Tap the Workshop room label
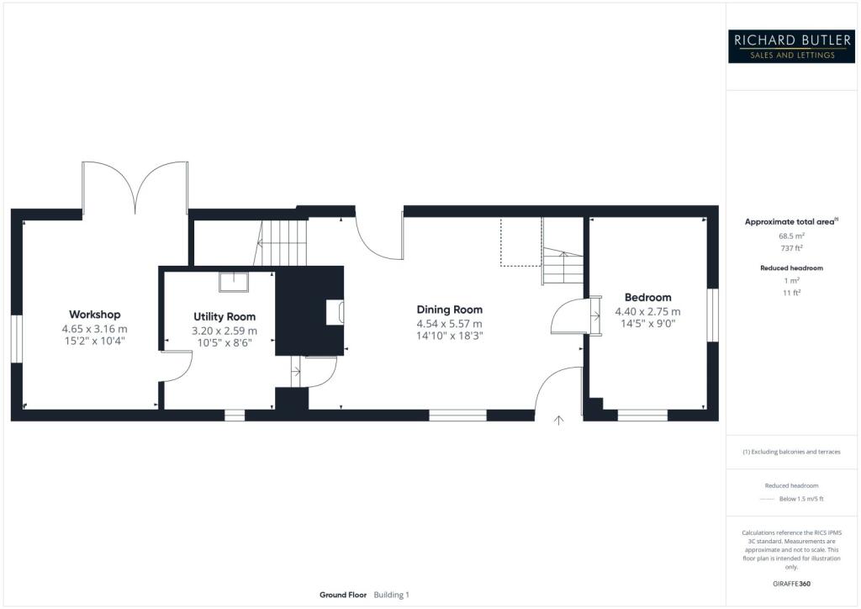[94, 315]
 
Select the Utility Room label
[224, 317]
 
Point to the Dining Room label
[449, 310]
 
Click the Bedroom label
[647, 298]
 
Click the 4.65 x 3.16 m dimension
[94, 329]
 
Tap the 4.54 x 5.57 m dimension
[449, 323]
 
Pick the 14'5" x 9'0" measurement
[647, 325]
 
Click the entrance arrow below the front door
[559, 420]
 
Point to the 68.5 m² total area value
[791, 236]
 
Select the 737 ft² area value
[791, 248]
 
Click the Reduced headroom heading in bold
[791, 267]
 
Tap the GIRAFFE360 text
[791, 584]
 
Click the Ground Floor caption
[343, 595]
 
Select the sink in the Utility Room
[233, 282]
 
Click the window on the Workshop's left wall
[16, 339]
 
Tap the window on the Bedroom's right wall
[712, 315]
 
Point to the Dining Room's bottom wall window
[457, 415]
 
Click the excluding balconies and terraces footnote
[791, 452]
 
